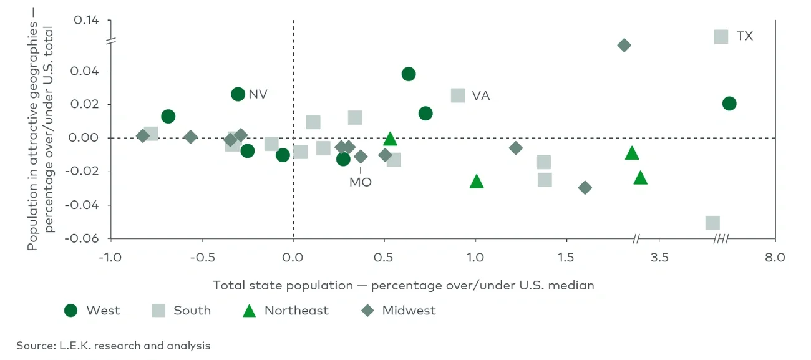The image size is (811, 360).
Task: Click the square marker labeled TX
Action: (721, 36)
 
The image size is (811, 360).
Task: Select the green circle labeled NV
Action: (238, 94)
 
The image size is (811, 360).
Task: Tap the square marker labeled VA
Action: (458, 95)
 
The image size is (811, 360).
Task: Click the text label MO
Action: (360, 182)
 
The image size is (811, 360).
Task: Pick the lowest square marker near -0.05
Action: (712, 223)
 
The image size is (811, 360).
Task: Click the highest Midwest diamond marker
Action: (624, 45)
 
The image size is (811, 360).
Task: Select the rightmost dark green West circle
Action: (729, 104)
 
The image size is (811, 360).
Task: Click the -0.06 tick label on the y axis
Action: (85, 238)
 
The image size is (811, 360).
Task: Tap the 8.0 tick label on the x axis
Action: (775, 256)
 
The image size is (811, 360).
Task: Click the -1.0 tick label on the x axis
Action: (110, 256)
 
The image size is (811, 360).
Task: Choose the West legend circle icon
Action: (71, 311)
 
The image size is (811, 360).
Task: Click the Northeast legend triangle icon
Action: (250, 311)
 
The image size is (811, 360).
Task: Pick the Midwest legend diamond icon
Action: (368, 311)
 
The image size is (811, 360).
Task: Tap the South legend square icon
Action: (159, 311)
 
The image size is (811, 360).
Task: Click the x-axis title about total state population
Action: (403, 285)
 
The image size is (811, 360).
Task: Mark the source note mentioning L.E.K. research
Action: (114, 345)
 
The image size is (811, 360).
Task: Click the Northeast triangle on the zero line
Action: (390, 139)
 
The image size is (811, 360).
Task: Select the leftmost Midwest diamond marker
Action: (143, 136)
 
